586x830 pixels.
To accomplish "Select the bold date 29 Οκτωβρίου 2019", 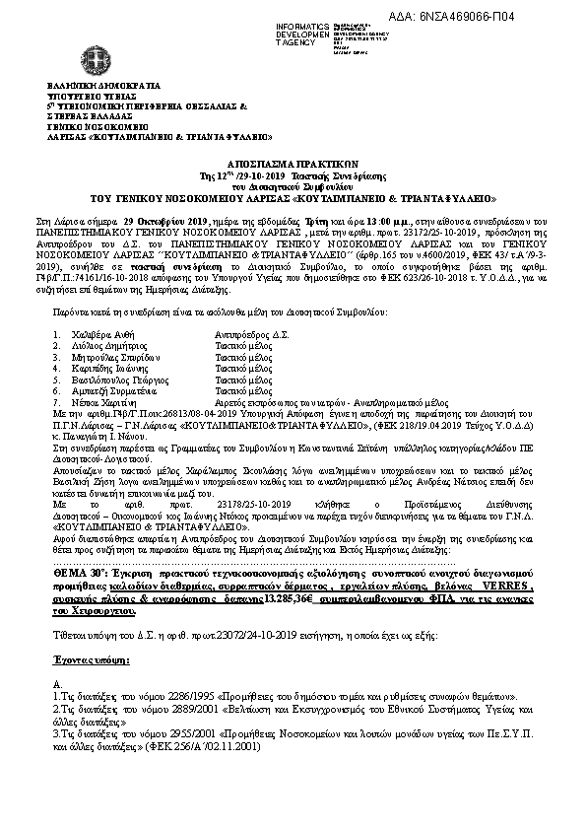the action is pos(155,212).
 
